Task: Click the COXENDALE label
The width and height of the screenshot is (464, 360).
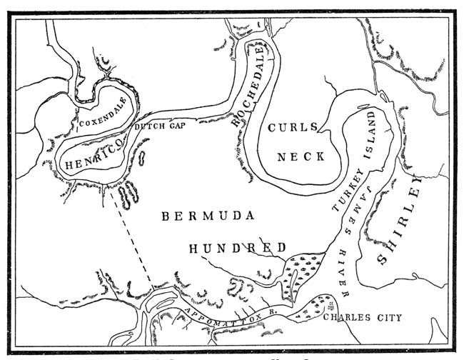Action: (x=105, y=117)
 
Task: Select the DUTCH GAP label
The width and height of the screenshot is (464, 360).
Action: (x=160, y=128)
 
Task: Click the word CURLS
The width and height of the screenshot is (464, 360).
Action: (x=291, y=127)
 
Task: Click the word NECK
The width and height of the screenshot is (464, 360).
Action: (x=302, y=156)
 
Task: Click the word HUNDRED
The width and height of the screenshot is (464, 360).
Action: (x=237, y=248)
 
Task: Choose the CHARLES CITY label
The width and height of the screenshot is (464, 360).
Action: (x=363, y=317)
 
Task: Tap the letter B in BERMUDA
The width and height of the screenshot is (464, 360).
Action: (x=164, y=215)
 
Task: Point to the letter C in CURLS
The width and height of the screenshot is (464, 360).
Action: (x=271, y=128)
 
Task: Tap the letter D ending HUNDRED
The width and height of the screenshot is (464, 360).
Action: (x=283, y=248)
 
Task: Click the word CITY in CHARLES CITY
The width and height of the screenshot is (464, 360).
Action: (x=390, y=317)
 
